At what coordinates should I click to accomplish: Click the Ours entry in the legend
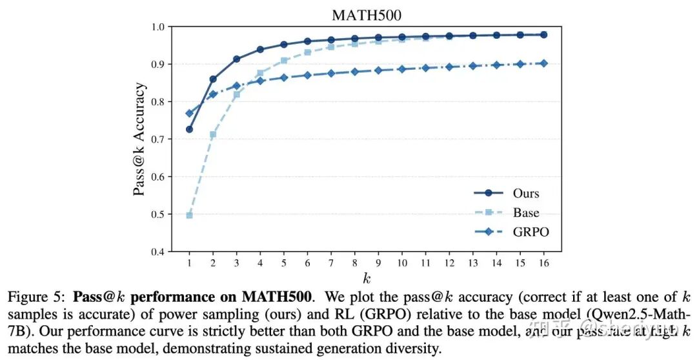[x=525, y=194]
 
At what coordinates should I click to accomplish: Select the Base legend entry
[x=526, y=212]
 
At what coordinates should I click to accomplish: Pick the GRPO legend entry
[x=530, y=232]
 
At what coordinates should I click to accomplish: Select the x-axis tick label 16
[x=543, y=263]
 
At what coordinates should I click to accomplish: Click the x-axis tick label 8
[x=354, y=263]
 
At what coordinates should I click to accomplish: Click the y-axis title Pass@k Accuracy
[x=139, y=139]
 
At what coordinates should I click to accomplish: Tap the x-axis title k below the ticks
[x=367, y=278]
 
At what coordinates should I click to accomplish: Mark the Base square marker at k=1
[x=189, y=215]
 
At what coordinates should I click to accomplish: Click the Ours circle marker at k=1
[x=189, y=130]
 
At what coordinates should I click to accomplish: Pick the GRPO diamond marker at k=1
[x=189, y=114]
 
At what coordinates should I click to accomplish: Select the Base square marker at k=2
[x=213, y=134]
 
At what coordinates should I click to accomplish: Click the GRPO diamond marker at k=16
[x=543, y=63]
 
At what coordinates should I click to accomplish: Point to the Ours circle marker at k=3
[x=236, y=59]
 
